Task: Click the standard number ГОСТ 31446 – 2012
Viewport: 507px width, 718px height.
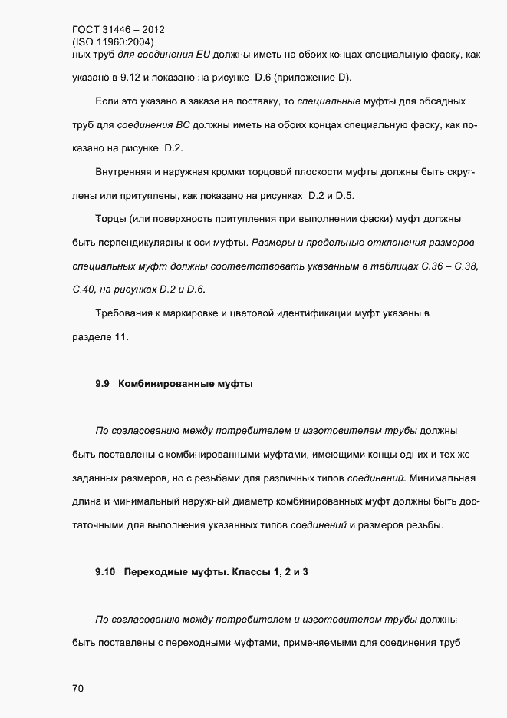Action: pos(113,31)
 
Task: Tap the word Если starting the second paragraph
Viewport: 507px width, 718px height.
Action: pos(107,101)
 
